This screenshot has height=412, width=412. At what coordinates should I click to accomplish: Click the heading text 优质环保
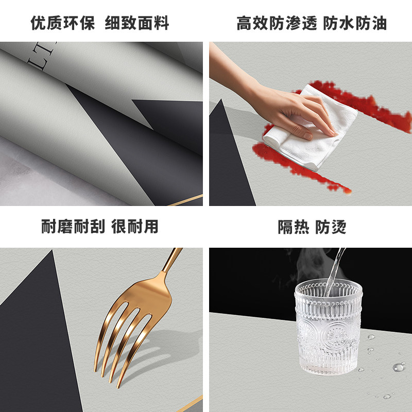[x=62, y=23]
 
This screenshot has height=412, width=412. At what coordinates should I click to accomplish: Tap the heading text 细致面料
[x=137, y=23]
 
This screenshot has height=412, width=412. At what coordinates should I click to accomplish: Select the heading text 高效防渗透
[x=277, y=23]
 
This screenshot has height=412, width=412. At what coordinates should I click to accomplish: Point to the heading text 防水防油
[x=355, y=23]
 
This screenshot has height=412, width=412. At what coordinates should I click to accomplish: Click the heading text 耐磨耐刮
[x=73, y=227]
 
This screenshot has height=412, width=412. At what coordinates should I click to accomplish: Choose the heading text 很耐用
[x=135, y=227]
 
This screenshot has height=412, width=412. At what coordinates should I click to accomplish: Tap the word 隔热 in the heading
[x=294, y=227]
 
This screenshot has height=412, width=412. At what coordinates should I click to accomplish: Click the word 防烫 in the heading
[x=331, y=227]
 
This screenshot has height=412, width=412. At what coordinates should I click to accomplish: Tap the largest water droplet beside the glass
[x=398, y=367]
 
